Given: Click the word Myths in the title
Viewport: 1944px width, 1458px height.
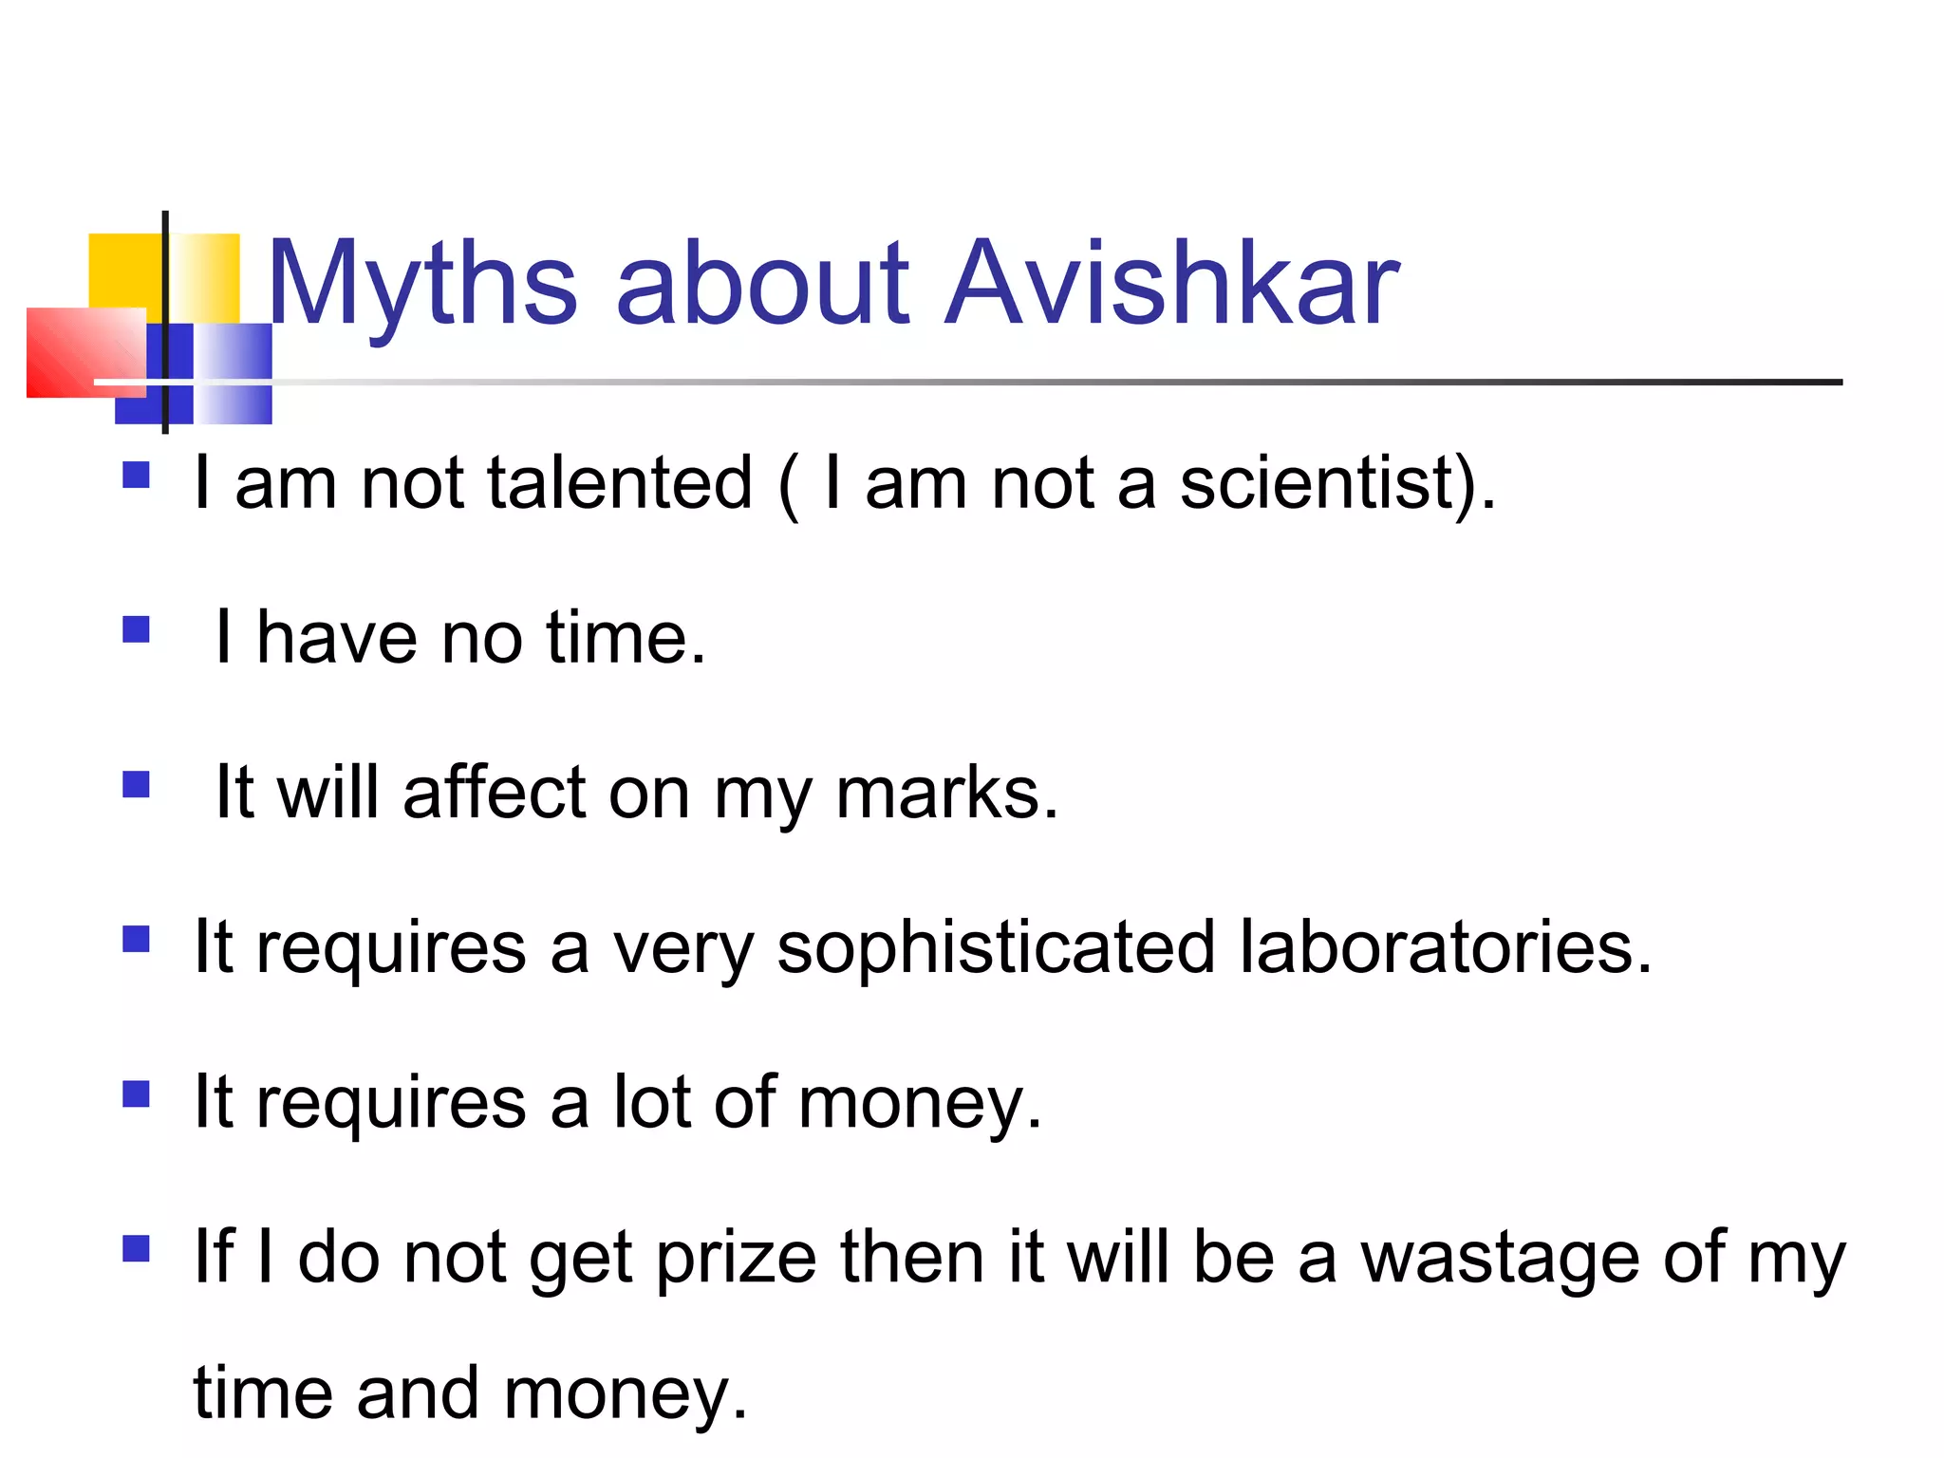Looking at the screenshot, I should (x=422, y=285).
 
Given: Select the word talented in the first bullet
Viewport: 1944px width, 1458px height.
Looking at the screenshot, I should (x=620, y=483).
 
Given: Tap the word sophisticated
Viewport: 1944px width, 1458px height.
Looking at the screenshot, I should (x=996, y=947).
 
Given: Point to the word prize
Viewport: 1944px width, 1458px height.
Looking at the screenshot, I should (x=736, y=1258).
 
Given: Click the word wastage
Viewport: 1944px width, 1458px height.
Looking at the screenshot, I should (x=1500, y=1258).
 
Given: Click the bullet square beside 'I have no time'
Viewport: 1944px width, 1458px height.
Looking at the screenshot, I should (x=137, y=629).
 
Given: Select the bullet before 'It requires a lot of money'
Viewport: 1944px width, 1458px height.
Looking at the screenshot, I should (x=137, y=1094).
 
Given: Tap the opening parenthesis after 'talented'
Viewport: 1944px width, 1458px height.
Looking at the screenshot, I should (x=788, y=486).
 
